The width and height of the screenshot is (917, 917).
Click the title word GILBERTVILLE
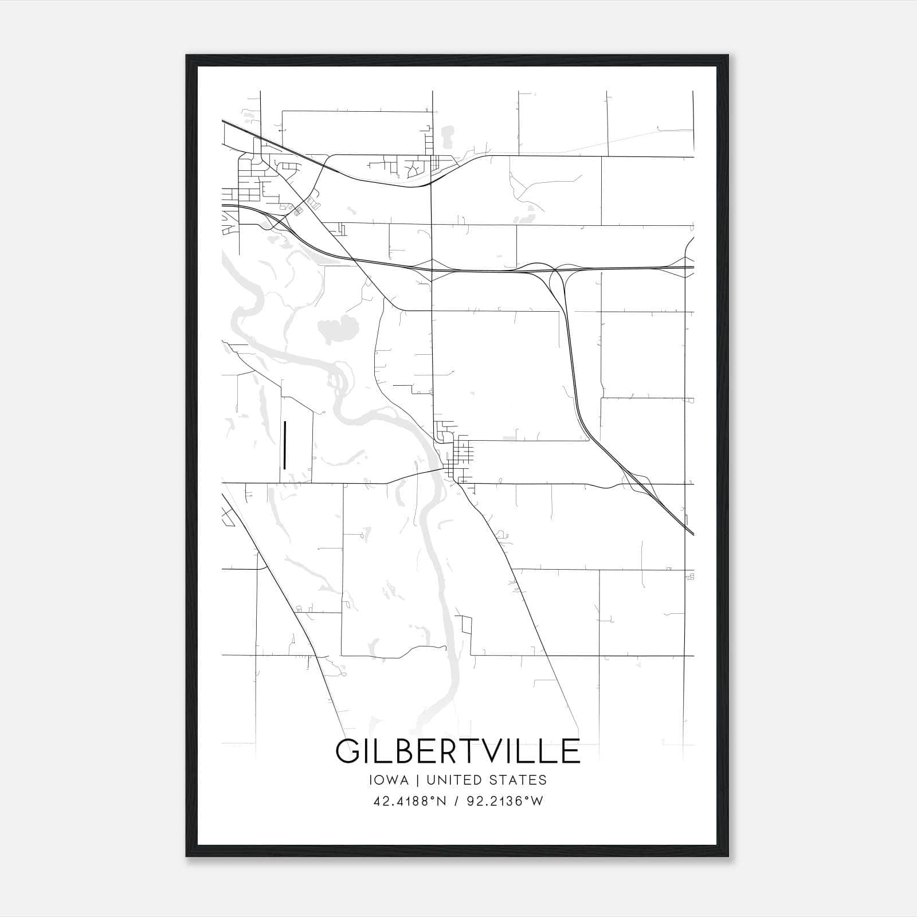[457, 751]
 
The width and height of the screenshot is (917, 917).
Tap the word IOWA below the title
[390, 780]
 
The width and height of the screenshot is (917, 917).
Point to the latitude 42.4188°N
[409, 801]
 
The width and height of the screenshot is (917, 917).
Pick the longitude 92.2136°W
[504, 801]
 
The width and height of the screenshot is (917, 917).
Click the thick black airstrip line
[284, 445]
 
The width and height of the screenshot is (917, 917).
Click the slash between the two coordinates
[457, 801]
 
